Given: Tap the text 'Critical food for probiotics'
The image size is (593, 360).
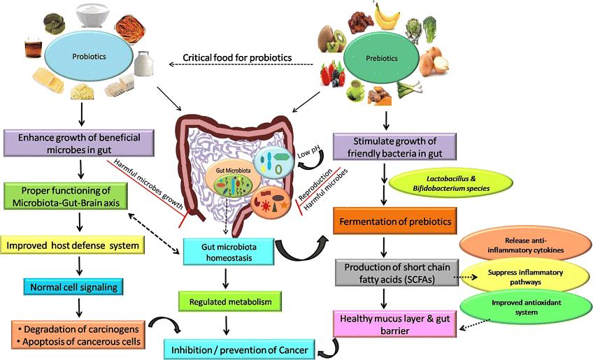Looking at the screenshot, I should (x=238, y=57).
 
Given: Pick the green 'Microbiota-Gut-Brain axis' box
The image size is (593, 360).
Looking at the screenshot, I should (x=64, y=197).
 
